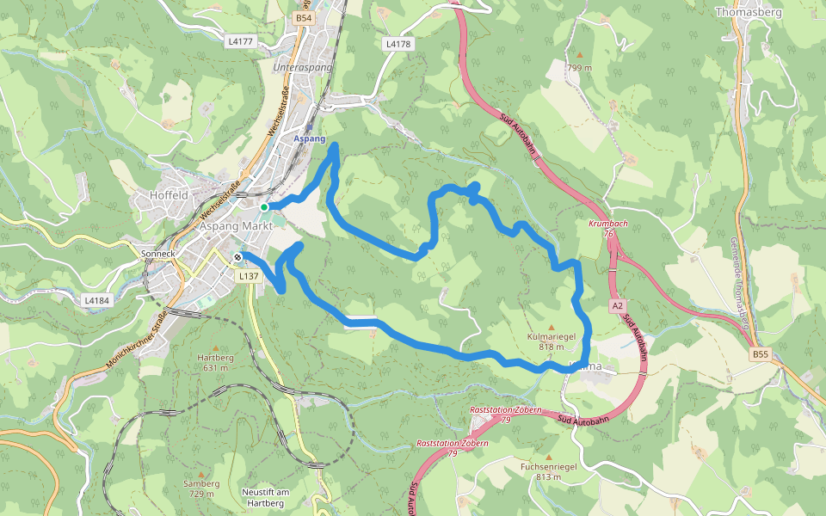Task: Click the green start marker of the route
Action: tap(265, 206)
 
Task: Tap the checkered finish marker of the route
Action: tap(237, 256)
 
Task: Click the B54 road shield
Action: tap(303, 18)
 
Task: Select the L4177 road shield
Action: tap(242, 41)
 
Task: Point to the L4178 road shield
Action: tap(398, 43)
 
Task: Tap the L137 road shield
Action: tap(249, 276)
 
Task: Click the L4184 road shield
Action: tap(96, 301)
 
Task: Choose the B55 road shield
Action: tap(759, 354)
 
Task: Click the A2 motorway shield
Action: tap(618, 306)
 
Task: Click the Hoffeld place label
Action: tap(169, 195)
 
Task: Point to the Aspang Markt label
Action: tap(236, 225)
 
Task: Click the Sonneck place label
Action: tap(157, 254)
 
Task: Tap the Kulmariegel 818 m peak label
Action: tap(551, 341)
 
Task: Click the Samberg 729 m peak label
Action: tap(201, 488)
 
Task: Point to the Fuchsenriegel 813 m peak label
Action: tap(548, 471)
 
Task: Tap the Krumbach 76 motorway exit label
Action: tap(607, 228)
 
